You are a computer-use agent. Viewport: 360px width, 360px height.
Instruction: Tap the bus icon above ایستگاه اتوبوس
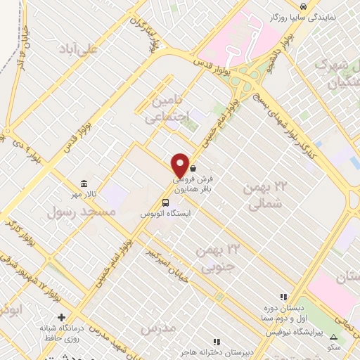(165, 203)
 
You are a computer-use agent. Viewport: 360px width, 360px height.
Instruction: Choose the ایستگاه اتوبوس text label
(165, 213)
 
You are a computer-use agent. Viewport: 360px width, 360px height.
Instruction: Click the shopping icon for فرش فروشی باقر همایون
(193, 169)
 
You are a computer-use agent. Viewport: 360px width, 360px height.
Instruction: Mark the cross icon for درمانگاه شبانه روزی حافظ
(61, 317)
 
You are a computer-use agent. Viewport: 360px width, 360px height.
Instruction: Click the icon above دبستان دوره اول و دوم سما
(284, 297)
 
